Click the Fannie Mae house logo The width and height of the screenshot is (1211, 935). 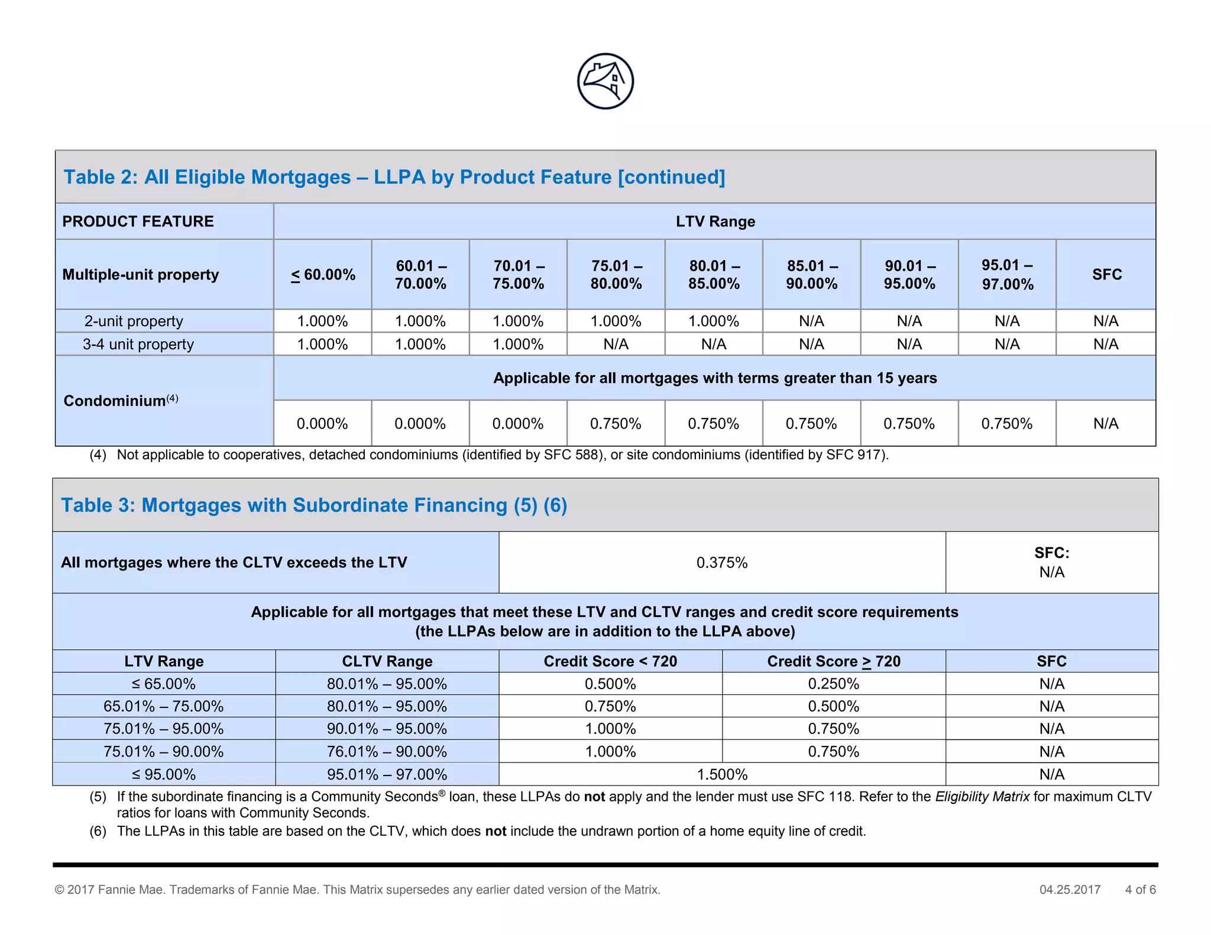click(x=605, y=82)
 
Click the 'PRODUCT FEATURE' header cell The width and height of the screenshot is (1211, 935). click(x=138, y=222)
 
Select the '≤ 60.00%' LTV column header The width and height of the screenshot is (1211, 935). click(x=323, y=275)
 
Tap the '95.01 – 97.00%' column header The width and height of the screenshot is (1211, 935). click(x=1007, y=275)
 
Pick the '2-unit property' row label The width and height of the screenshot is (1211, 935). click(x=134, y=321)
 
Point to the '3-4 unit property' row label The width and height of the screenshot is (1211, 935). click(x=138, y=344)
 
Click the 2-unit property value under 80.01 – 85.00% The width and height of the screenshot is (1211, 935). click(x=714, y=321)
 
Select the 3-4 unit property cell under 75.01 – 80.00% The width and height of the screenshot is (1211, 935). click(x=616, y=344)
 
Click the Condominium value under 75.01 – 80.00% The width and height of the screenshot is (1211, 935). click(x=616, y=424)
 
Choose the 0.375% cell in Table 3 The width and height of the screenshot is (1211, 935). click(x=722, y=563)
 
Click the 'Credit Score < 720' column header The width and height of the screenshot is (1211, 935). click(x=610, y=661)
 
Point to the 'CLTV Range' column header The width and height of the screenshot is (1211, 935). click(x=387, y=661)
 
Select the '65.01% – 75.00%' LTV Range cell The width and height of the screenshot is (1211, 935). click(x=164, y=706)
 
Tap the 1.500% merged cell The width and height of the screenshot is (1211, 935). click(x=722, y=774)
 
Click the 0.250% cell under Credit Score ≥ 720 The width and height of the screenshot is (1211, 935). click(x=833, y=684)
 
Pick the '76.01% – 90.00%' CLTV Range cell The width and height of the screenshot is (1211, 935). click(x=387, y=752)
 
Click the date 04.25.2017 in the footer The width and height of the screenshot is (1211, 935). click(x=1070, y=889)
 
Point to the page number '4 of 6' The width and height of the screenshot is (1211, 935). click(x=1140, y=889)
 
